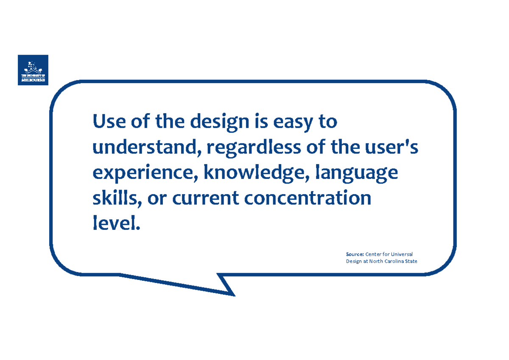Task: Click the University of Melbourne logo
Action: click(33, 70)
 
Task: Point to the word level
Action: click(115, 223)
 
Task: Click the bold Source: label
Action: click(355, 254)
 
